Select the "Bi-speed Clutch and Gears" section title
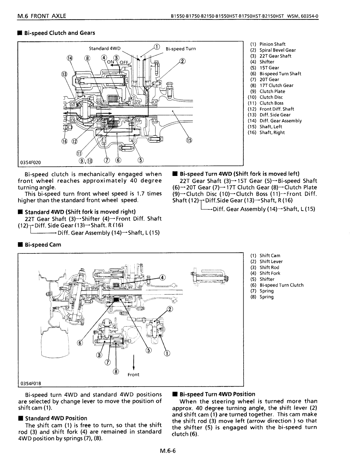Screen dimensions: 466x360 tap(59, 33)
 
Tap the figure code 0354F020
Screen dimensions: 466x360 tap(31, 162)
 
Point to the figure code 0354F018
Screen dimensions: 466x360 tap(31, 383)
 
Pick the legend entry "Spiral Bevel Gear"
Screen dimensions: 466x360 tap(277, 50)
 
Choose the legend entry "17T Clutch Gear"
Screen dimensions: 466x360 tap(276, 85)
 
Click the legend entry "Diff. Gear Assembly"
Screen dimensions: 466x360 tap(280, 121)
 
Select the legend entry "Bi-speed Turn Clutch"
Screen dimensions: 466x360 tap(281, 285)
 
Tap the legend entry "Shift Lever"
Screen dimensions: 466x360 tap(271, 262)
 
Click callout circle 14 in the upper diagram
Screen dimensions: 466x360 tap(70, 58)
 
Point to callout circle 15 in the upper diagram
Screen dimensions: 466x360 tap(189, 141)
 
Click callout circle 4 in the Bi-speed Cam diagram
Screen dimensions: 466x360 tap(162, 277)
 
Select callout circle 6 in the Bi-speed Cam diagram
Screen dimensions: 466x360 tap(79, 343)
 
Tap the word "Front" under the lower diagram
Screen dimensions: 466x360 tap(133, 375)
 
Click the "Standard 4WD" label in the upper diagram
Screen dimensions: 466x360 tap(104, 48)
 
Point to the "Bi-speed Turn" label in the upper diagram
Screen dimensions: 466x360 tap(181, 49)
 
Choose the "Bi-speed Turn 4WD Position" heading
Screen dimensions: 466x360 tap(217, 394)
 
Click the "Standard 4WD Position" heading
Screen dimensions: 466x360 tap(56, 418)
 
